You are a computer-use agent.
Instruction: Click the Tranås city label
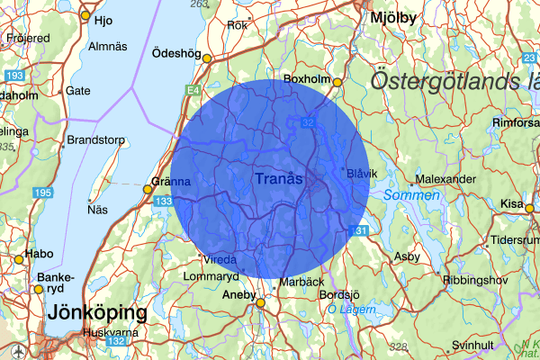[279, 180]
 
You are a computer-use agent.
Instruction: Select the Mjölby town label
[394, 16]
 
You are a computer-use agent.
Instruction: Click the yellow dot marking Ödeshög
[207, 58]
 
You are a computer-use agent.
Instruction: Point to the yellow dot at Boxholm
[337, 83]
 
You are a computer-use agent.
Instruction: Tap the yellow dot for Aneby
[260, 303]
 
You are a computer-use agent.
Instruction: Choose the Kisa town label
[512, 204]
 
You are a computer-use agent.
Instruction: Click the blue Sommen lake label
[410, 195]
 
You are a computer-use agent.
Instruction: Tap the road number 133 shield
[163, 202]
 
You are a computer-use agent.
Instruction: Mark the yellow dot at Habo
[18, 260]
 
